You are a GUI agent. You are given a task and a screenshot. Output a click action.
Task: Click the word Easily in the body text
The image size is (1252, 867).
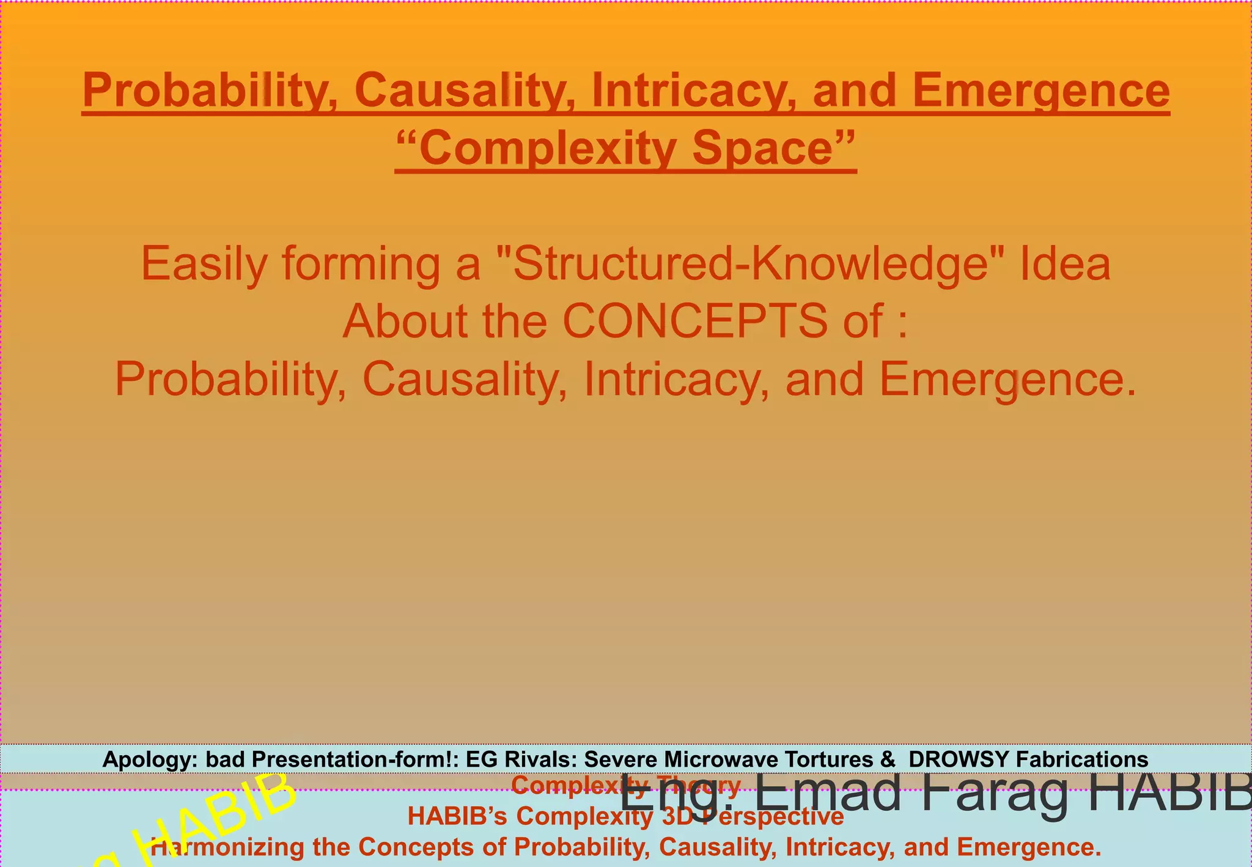coord(204,264)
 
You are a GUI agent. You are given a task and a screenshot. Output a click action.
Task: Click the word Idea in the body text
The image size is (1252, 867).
coord(1064,264)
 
